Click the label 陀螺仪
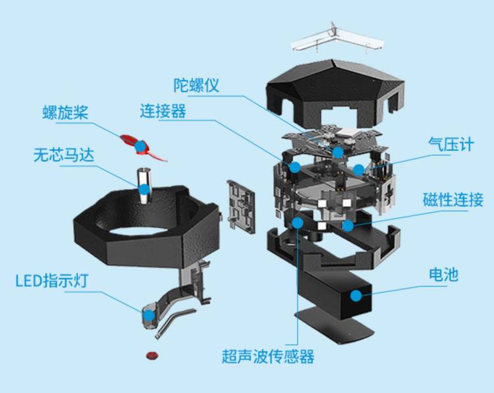196,86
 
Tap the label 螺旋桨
64,112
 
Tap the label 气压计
451,145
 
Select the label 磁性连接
453,199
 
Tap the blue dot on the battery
356,295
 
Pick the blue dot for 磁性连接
347,224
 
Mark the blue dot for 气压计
358,169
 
